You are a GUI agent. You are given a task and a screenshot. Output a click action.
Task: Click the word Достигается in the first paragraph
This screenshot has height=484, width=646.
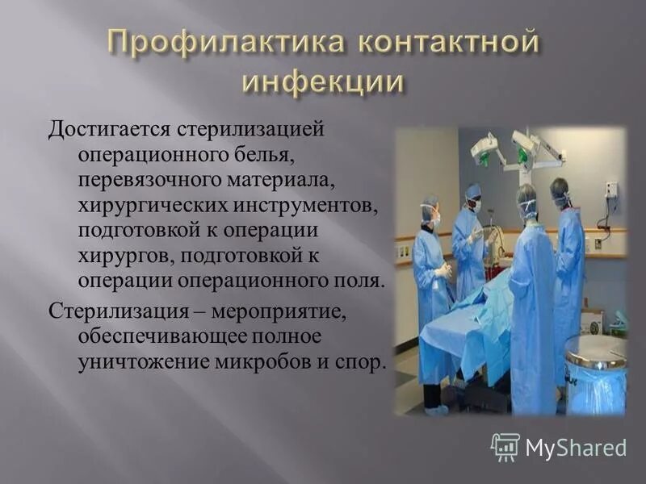click(106, 127)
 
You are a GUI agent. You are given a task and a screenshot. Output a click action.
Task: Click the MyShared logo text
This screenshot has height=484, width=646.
click(576, 447)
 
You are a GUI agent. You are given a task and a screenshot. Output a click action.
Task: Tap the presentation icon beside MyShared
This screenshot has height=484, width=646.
click(505, 446)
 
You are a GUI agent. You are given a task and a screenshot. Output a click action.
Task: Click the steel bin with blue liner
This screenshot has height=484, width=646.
click(595, 371)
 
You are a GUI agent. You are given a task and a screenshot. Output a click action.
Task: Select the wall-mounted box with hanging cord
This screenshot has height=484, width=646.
click(610, 190)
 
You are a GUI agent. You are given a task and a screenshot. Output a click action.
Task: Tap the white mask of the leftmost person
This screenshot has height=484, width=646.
click(436, 217)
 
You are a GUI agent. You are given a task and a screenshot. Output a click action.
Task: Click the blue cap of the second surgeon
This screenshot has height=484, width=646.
click(473, 190)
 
